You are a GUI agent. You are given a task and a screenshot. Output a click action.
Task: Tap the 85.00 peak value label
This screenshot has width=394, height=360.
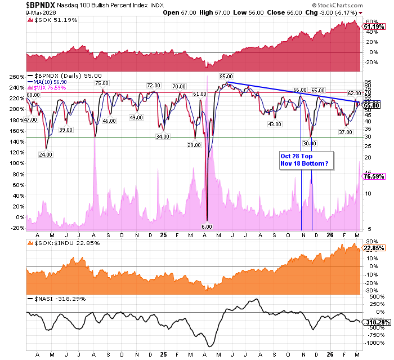tap(226, 76)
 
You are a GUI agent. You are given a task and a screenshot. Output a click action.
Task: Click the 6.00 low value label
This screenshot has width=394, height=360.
tap(206, 226)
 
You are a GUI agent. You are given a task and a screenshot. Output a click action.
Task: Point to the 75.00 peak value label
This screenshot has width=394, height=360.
tap(101, 83)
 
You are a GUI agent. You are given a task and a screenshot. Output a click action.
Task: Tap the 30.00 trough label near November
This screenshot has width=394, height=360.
tap(310, 143)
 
